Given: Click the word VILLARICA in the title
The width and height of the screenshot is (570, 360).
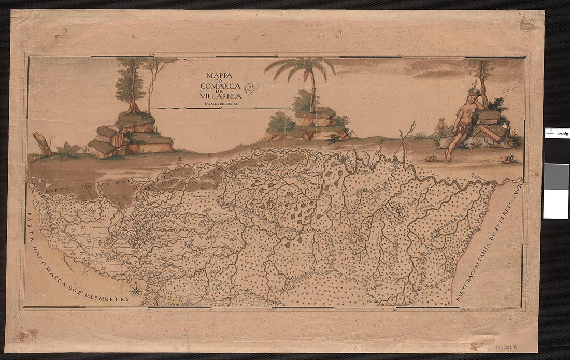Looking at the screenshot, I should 220,96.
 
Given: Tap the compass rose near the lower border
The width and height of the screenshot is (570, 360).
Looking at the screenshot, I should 136,291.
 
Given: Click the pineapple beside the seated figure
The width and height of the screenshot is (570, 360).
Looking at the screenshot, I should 442,125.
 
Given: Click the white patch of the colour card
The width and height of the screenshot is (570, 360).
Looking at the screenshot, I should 555,204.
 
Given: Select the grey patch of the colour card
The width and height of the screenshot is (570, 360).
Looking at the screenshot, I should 555,177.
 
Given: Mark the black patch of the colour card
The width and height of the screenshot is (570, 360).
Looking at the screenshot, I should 555,150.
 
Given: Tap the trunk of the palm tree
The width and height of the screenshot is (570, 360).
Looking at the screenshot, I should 312,96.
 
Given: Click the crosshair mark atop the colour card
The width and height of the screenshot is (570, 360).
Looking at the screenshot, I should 549,133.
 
